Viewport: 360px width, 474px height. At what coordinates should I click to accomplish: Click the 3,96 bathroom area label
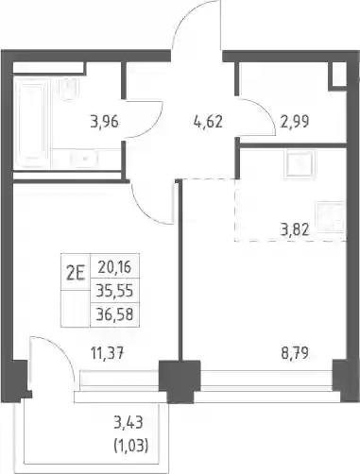(x=104, y=122)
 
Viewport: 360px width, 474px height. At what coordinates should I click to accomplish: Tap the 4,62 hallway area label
(x=208, y=122)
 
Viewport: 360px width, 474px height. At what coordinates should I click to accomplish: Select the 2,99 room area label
(x=294, y=122)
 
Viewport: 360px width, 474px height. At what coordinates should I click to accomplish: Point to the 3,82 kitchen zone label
(x=295, y=230)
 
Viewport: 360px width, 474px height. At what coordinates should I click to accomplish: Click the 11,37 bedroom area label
(x=108, y=353)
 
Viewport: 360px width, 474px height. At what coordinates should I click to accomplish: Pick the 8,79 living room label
(x=295, y=353)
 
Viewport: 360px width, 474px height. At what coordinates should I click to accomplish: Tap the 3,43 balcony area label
(x=129, y=422)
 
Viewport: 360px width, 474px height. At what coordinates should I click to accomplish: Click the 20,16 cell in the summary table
(x=114, y=267)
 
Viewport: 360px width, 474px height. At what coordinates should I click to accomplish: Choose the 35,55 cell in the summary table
(x=114, y=291)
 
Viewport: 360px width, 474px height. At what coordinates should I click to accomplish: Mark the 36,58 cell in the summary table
(x=114, y=314)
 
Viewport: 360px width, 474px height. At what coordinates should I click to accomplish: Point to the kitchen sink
(x=300, y=163)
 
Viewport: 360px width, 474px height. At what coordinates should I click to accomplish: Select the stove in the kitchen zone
(x=331, y=216)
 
